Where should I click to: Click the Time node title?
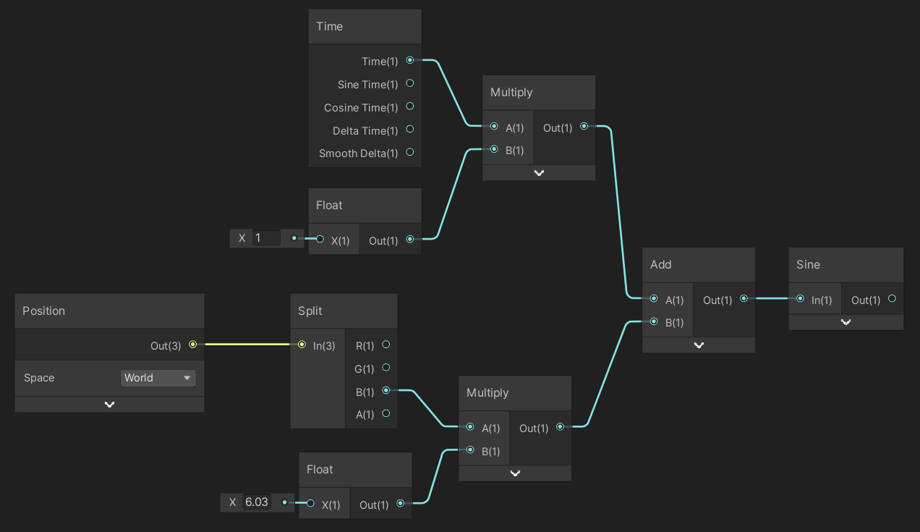coord(330,27)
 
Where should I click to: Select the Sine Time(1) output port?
coord(410,84)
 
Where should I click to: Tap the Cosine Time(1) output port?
coord(410,106)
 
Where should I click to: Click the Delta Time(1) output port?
coord(410,130)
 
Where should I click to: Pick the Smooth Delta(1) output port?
coord(410,153)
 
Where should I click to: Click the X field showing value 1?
coord(266,238)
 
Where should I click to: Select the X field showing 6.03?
coord(257,502)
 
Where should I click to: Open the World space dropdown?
coord(158,378)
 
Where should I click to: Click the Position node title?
coord(44,311)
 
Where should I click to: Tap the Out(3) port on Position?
coord(192,345)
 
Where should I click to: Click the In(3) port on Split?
coord(302,345)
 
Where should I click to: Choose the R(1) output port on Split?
coord(386,345)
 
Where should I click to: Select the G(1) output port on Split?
coord(386,368)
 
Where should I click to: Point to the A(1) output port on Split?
coord(386,413)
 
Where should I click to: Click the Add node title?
coord(661,265)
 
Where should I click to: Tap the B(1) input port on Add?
coord(654,322)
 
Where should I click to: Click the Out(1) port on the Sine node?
coord(892,299)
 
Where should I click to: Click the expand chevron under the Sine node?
coord(846,323)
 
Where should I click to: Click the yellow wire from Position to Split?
coord(246,345)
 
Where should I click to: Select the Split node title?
coord(310,311)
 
